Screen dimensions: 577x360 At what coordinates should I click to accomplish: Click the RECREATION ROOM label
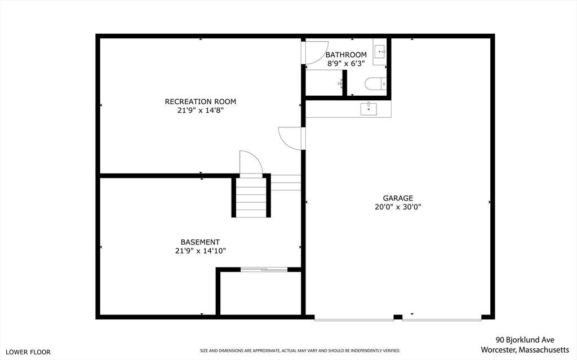point(200,101)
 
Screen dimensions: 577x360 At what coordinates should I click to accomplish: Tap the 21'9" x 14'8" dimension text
point(201,110)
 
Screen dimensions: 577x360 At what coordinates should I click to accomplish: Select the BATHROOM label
point(346,55)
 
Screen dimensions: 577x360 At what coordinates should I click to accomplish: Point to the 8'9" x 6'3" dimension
point(346,64)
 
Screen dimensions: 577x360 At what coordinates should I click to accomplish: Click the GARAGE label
point(398,198)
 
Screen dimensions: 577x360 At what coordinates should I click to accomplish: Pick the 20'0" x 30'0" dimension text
point(398,207)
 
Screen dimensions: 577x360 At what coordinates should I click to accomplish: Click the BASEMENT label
point(200,242)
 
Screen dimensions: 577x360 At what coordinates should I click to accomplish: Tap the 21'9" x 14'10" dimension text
point(201,251)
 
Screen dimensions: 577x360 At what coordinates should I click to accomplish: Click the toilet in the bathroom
point(376,83)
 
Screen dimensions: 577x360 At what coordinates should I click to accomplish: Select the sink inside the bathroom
point(380,52)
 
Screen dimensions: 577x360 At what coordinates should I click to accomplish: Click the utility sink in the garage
point(369,109)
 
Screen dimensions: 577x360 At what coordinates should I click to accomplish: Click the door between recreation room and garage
point(291,139)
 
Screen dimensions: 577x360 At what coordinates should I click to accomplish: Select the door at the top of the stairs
point(251,164)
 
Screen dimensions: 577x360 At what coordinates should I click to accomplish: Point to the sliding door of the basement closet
point(264,270)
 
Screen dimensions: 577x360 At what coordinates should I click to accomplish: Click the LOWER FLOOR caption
point(28,352)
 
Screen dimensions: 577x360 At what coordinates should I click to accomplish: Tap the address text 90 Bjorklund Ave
point(525,340)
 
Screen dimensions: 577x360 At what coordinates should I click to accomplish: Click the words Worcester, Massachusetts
point(525,349)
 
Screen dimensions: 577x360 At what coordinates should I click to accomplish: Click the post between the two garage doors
point(398,317)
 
